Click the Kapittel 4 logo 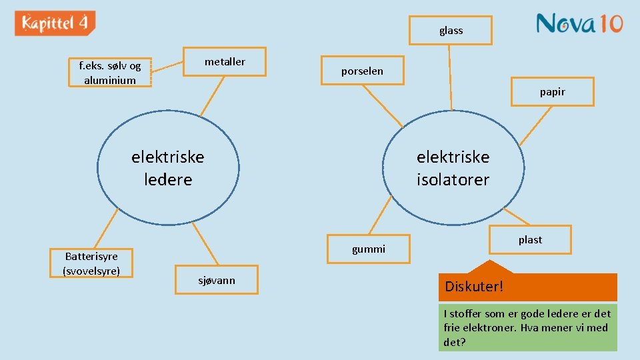point(55,23)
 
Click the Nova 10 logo point(579,24)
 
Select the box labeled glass point(451,31)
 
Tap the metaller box point(225,62)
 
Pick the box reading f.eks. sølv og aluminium point(110,73)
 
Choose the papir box point(552,92)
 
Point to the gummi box point(369,249)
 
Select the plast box point(530,240)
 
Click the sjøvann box point(217,280)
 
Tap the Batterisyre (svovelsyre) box point(91,263)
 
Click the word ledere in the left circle point(168,180)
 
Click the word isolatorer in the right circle point(453,180)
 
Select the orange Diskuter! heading point(527,287)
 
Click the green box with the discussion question point(527,327)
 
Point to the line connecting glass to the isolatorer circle point(451,77)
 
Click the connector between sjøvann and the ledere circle point(206,244)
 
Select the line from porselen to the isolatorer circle point(383,105)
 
